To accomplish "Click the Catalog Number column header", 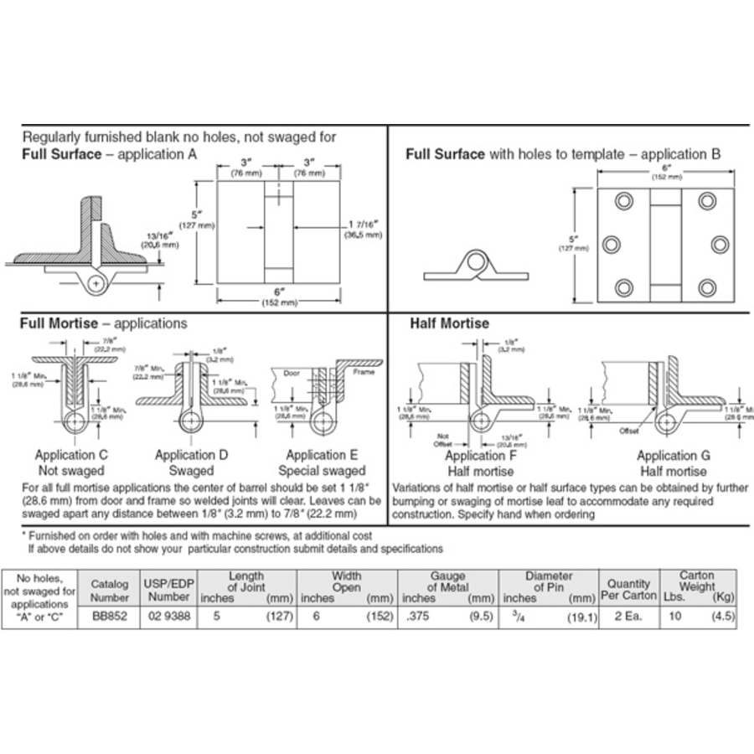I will coord(109,590).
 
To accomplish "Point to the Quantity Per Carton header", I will coord(627,590).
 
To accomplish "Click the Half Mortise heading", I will coord(449,323).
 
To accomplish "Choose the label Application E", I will coord(322,455).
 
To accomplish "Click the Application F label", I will coord(480,456).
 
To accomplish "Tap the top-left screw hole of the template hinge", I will coord(622,201).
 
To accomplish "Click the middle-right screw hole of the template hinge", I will coord(720,244).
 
